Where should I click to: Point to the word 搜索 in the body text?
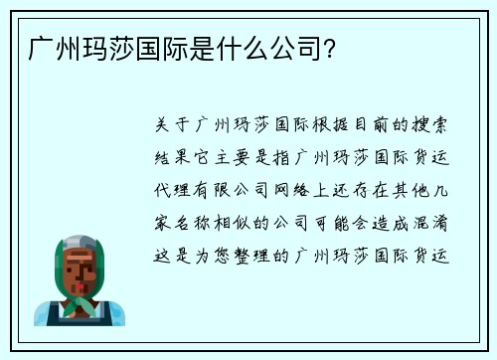click(x=436, y=127)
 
